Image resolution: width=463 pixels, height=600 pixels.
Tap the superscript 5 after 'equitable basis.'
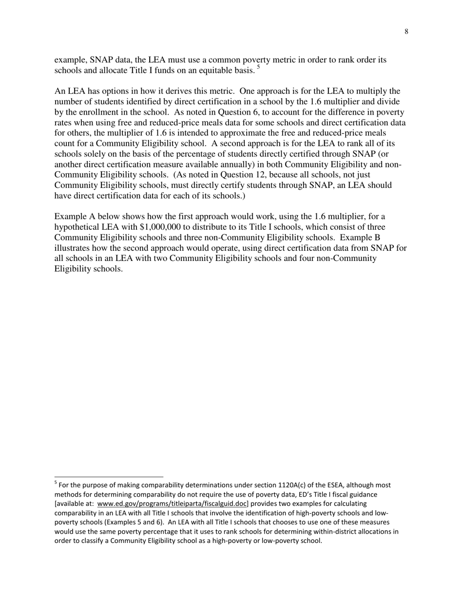tap(258, 68)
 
